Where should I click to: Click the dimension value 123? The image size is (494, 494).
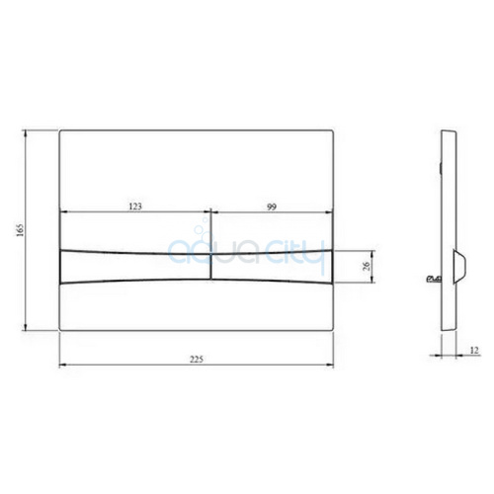135,206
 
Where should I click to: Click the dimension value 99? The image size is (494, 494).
272,206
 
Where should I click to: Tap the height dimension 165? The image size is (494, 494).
21,230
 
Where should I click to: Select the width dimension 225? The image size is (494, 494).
197,359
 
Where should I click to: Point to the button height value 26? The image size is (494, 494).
368,266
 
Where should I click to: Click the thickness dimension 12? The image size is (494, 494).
474,350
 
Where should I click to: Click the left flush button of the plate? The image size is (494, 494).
135,267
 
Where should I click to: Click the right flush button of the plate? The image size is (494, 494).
272,267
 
